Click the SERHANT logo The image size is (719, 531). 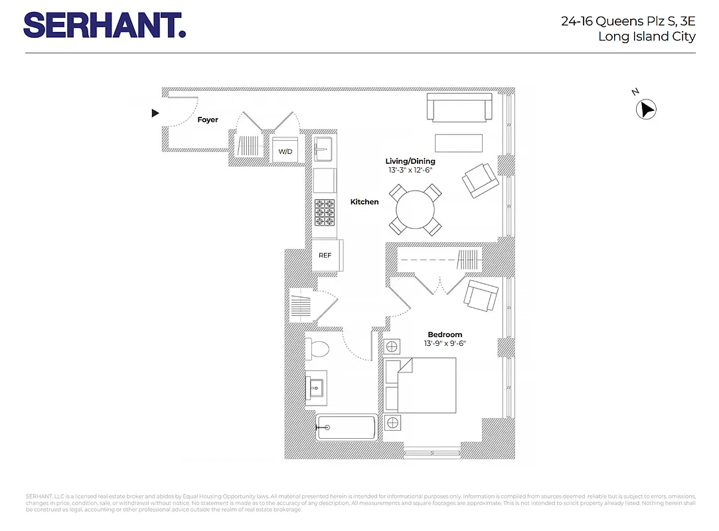tap(104, 25)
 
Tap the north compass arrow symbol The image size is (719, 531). tap(646, 110)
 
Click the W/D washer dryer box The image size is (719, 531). tap(285, 151)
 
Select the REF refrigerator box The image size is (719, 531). tap(325, 256)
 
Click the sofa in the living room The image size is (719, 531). tap(459, 108)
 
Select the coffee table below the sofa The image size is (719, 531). tap(459, 143)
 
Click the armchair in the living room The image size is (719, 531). tap(480, 179)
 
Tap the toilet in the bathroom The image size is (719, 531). tap(316, 348)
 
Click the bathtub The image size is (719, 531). tap(347, 428)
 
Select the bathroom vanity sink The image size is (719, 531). tap(315, 386)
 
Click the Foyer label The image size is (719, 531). tap(208, 120)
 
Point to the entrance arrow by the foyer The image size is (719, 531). tap(155, 114)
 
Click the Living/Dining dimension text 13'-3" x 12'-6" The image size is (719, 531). tap(410, 171)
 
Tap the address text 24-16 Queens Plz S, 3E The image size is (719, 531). tap(628, 21)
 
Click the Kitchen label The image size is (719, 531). tap(364, 202)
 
